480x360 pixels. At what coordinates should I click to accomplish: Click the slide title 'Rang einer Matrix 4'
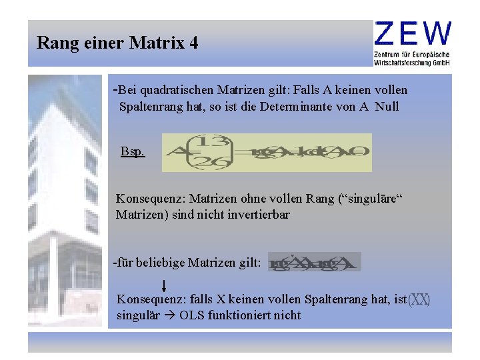click(117, 43)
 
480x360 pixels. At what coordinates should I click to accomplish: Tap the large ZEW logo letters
click(413, 33)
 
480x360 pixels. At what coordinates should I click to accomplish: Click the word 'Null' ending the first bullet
click(387, 107)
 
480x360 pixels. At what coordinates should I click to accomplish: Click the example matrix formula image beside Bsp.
click(267, 153)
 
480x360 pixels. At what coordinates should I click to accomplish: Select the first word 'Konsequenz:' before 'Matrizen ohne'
click(151, 199)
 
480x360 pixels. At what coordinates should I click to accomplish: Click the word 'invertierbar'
click(256, 215)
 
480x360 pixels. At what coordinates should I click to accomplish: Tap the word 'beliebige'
click(161, 263)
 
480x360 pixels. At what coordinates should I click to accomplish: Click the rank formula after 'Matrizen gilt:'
click(314, 262)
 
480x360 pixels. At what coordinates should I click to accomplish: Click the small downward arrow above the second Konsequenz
click(163, 286)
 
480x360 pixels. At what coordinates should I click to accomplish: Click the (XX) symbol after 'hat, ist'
click(419, 300)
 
